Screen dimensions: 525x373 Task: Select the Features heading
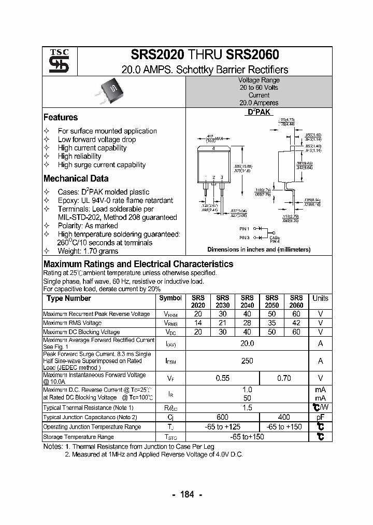61,117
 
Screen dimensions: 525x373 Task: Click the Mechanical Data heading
76,178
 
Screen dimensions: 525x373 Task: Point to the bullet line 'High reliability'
80,156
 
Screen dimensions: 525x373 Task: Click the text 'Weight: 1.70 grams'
88,251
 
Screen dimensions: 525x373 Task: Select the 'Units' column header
320,298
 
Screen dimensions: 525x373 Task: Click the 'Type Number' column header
68,298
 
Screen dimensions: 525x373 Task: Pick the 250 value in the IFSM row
247,361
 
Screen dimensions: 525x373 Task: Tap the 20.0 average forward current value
247,343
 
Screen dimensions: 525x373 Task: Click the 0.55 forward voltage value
222,378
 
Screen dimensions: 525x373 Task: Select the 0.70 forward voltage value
284,378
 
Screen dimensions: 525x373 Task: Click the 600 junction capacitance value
222,417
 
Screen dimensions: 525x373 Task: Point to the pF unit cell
320,417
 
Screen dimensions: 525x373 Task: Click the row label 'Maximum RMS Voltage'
72,323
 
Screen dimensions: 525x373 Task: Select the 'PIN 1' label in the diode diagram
244,229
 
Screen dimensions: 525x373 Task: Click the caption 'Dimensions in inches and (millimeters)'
259,250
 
